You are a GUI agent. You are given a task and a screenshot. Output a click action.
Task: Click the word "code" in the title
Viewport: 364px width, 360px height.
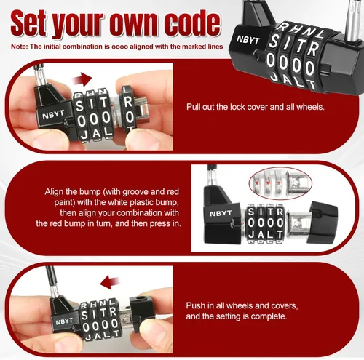pyautogui.click(x=192, y=23)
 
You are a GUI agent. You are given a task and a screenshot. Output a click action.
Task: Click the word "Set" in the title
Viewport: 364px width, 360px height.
pyautogui.click(x=28, y=23)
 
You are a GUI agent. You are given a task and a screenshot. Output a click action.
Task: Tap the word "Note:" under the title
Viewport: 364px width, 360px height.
pyautogui.click(x=19, y=47)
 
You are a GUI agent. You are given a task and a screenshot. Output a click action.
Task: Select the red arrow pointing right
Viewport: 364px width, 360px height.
pyautogui.click(x=82, y=79)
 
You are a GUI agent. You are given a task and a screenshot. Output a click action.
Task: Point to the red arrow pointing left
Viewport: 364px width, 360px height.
pyautogui.click(x=110, y=282)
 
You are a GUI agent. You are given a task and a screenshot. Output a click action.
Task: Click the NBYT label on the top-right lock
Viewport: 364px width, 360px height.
pyautogui.click(x=248, y=40)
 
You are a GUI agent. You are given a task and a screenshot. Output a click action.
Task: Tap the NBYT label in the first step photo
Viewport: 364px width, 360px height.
pyautogui.click(x=53, y=115)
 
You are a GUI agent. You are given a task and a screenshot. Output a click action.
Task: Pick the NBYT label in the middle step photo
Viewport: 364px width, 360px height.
pyautogui.click(x=221, y=214)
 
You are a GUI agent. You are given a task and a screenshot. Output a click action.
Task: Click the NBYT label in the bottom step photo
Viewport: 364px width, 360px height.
pyautogui.click(x=64, y=321)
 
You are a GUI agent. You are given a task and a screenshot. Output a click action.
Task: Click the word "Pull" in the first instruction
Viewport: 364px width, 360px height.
pyautogui.click(x=193, y=107)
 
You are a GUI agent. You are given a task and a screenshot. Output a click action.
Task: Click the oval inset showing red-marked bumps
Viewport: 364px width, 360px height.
pyautogui.click(x=280, y=183)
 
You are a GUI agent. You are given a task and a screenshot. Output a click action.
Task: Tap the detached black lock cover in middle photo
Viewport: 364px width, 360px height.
pyautogui.click(x=322, y=223)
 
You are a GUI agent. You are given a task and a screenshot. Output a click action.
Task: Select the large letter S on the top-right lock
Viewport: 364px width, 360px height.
pyautogui.click(x=274, y=41)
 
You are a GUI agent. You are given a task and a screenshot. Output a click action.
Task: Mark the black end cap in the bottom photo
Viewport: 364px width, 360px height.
pyautogui.click(x=142, y=313)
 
